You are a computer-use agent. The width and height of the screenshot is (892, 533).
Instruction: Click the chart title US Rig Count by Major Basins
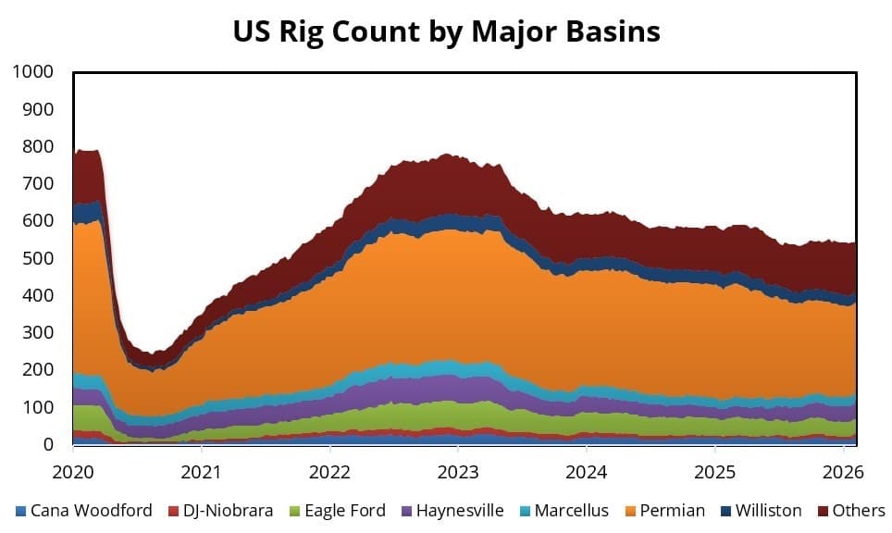[446, 31]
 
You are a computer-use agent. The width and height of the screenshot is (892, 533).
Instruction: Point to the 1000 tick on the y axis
[33, 72]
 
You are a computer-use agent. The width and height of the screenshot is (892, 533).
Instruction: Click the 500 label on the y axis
[38, 258]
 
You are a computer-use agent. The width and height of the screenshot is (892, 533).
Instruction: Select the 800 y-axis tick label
[38, 146]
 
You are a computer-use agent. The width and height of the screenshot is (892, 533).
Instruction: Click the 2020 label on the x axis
[73, 471]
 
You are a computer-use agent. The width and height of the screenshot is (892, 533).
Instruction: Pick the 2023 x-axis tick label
[458, 471]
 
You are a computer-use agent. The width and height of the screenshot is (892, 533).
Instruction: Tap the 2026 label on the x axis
[843, 471]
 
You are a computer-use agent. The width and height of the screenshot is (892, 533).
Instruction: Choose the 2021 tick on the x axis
[202, 471]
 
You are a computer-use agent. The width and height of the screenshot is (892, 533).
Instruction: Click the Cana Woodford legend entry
[91, 510]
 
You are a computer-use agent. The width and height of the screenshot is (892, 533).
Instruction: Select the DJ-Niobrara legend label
[218, 510]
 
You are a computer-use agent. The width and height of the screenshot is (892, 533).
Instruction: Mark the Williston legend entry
[769, 510]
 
